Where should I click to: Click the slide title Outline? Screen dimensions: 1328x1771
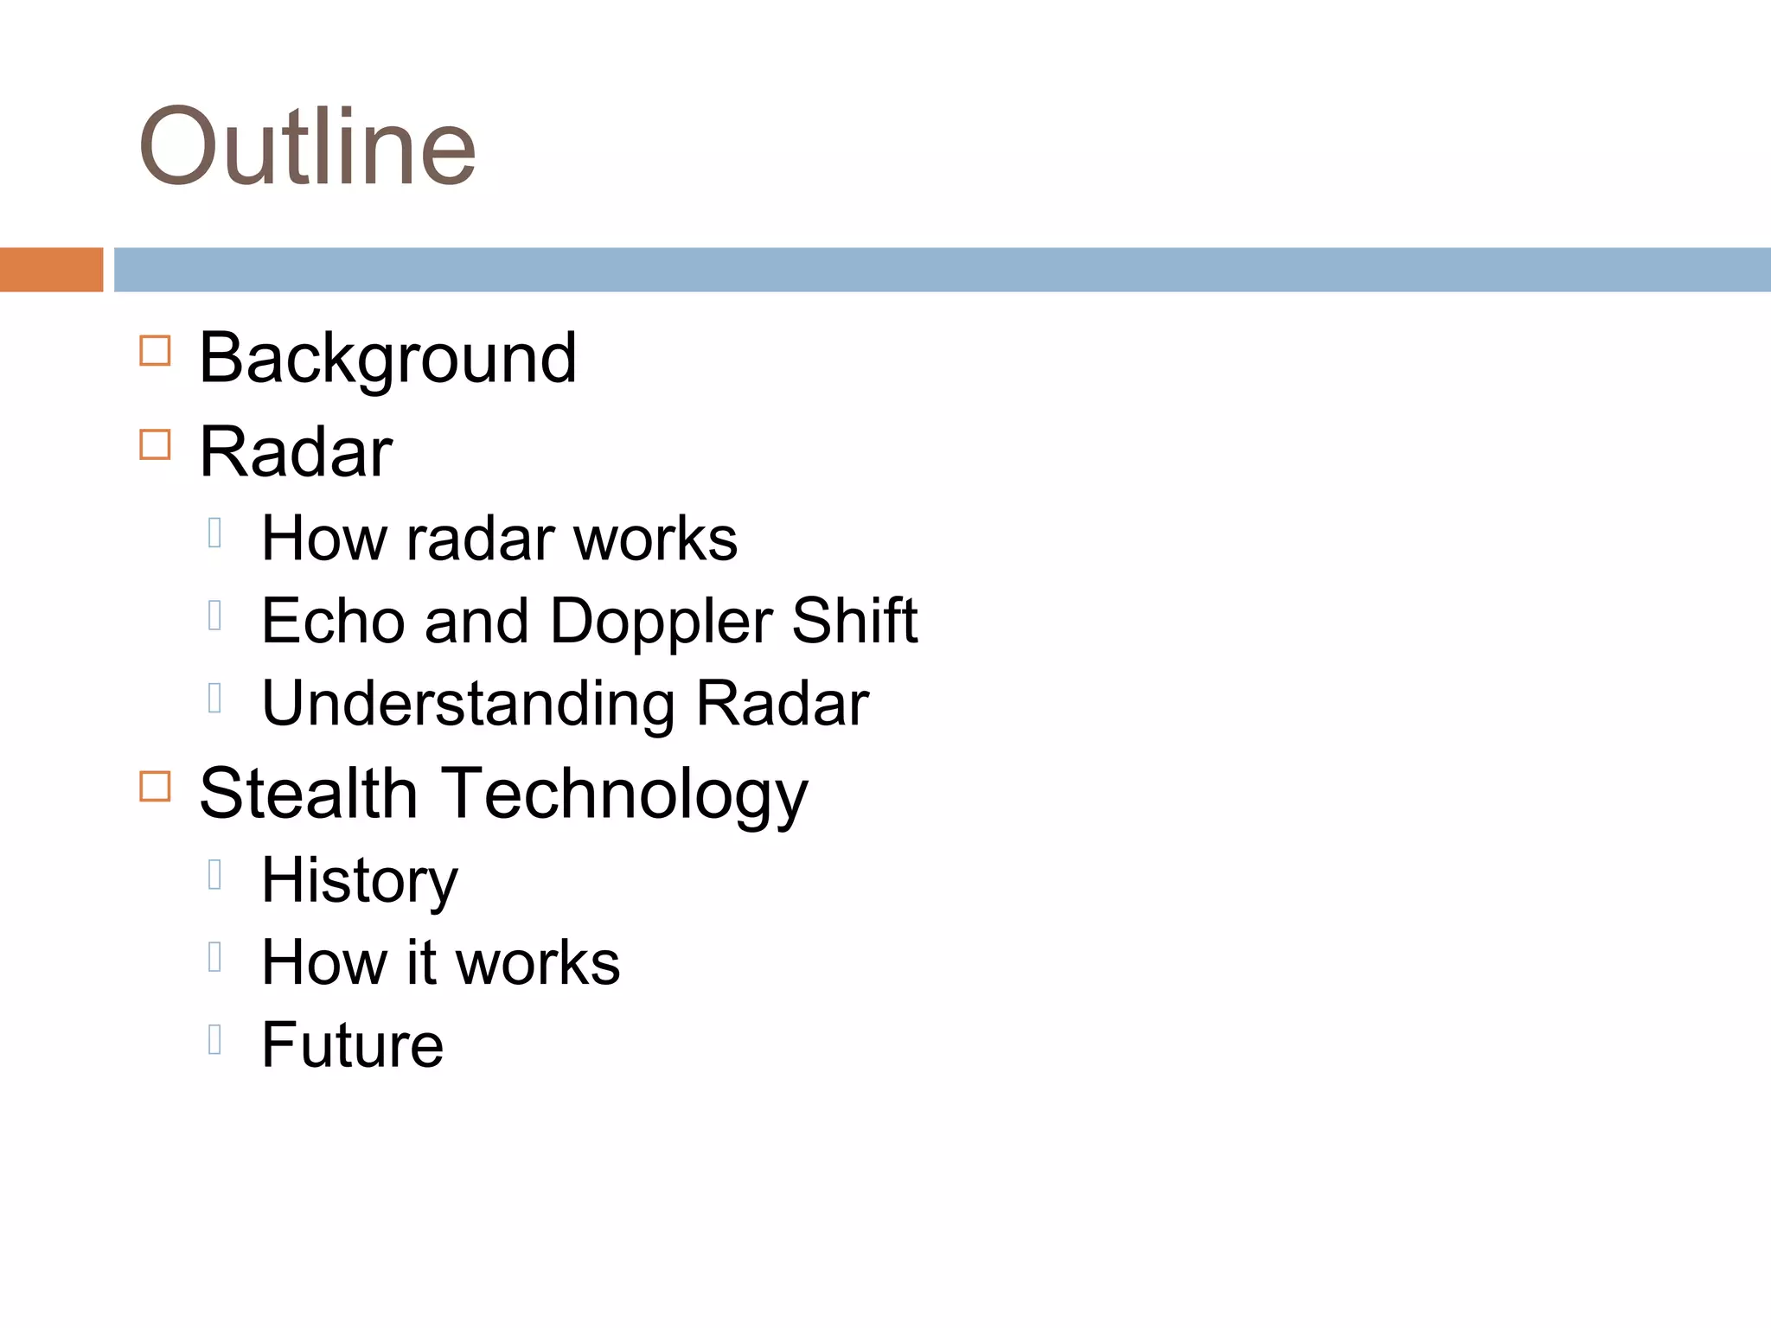click(307, 147)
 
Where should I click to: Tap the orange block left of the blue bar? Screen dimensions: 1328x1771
click(51, 270)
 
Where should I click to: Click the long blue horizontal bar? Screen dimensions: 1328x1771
click(942, 270)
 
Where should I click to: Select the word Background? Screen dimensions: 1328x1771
click(387, 358)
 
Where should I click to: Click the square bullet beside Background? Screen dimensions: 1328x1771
click(155, 351)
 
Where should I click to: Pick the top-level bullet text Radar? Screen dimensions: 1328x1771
click(296, 452)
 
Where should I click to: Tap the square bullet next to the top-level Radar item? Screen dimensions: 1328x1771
click(155, 444)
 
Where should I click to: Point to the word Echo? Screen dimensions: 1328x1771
click(333, 621)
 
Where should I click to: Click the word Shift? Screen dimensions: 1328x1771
click(854, 621)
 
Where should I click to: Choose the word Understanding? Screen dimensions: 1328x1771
click(468, 704)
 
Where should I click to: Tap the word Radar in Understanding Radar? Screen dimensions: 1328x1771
click(783, 704)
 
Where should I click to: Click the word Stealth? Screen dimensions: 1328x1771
click(309, 794)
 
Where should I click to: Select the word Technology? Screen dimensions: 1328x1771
click(625, 795)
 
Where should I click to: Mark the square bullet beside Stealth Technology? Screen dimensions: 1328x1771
click(155, 787)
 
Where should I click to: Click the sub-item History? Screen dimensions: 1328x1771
click(360, 881)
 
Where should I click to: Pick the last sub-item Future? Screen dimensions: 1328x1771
click(353, 1045)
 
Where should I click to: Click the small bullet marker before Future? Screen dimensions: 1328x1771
click(215, 1039)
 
